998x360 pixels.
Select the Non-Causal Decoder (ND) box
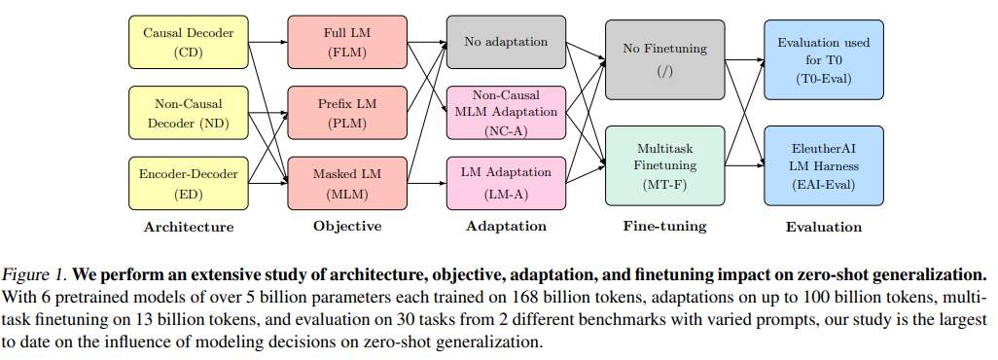pyautogui.click(x=188, y=112)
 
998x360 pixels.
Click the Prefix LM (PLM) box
pyautogui.click(x=346, y=112)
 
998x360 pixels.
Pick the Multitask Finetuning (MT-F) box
pyautogui.click(x=664, y=164)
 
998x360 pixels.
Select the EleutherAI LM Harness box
pyautogui.click(x=823, y=164)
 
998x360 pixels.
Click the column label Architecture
pyautogui.click(x=188, y=228)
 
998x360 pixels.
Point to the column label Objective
pyautogui.click(x=346, y=228)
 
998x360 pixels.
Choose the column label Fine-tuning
pyautogui.click(x=664, y=228)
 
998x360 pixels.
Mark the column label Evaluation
pyautogui.click(x=823, y=228)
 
